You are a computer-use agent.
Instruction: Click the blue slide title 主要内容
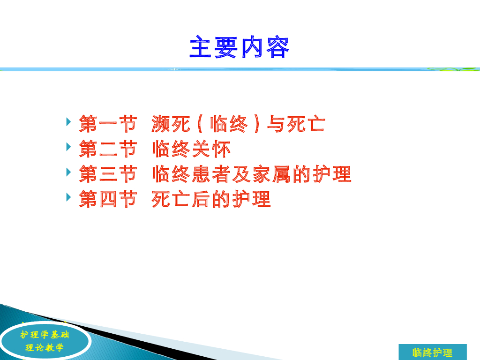click(240, 47)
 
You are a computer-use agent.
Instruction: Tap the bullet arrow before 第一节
click(68, 122)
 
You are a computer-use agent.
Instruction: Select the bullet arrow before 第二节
click(68, 147)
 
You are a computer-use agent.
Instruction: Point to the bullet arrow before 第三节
click(68, 172)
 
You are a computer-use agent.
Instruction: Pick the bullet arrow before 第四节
click(68, 197)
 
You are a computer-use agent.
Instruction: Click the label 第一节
click(108, 124)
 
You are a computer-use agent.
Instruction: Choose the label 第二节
click(108, 149)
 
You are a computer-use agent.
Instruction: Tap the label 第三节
click(108, 174)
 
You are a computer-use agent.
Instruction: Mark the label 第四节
click(108, 199)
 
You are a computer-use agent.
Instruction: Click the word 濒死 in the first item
click(171, 124)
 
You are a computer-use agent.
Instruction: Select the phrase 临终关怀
click(191, 149)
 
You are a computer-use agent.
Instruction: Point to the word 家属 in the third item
click(271, 174)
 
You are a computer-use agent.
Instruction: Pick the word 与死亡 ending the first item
click(296, 124)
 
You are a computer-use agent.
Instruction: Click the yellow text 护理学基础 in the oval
click(45, 335)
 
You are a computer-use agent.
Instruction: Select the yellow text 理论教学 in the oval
click(45, 347)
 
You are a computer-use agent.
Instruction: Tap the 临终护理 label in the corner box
click(432, 352)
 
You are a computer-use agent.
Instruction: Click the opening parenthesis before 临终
click(201, 124)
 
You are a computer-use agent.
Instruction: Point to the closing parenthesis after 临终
click(256, 124)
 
